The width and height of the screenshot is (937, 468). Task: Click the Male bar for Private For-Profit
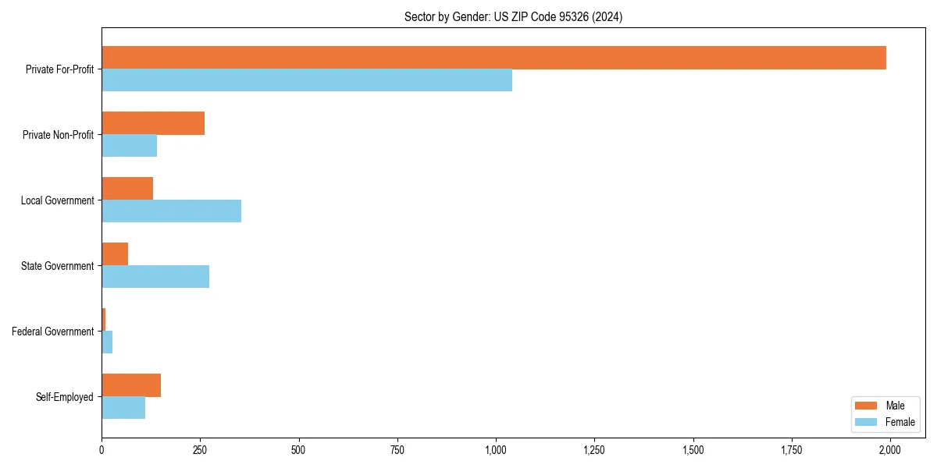[x=493, y=58]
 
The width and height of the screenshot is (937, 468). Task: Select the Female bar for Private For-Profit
[x=307, y=80]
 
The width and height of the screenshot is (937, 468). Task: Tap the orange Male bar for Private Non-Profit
[x=153, y=123]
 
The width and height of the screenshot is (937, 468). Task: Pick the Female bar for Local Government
[x=171, y=211]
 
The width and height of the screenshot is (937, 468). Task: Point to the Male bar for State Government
[x=115, y=254]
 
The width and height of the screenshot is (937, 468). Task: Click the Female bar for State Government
[x=155, y=277]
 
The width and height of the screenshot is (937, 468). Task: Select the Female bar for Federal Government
[x=107, y=342]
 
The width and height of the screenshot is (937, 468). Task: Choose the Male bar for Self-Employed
[x=131, y=385]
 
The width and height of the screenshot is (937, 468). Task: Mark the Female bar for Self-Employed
[x=123, y=408]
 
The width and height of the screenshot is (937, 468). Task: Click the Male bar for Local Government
[x=127, y=189]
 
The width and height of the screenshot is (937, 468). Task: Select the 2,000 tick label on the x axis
[x=889, y=450]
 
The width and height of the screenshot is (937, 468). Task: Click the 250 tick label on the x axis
[x=200, y=450]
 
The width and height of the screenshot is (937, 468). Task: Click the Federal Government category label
[x=52, y=331]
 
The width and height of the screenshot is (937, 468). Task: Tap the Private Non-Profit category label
[x=58, y=135]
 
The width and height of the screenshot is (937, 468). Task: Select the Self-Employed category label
[x=64, y=397]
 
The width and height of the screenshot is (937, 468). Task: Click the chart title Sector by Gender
[x=513, y=16]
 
